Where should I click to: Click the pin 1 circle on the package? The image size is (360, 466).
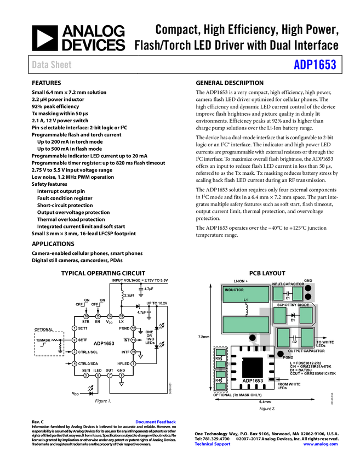75,328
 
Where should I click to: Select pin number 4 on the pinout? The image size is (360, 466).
75,363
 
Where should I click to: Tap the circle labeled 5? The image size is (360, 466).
86,376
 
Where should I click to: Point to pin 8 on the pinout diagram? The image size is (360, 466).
121,376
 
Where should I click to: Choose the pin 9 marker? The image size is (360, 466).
133,363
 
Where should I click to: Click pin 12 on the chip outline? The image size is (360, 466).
133,328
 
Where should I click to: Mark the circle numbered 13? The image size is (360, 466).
121,316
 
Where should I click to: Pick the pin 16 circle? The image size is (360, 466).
86,316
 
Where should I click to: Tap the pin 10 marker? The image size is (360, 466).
133,351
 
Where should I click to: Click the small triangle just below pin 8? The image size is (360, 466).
122,384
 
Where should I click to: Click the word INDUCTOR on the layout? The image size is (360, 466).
234,289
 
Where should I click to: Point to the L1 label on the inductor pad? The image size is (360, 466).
246,299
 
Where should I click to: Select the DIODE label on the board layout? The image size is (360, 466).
304,305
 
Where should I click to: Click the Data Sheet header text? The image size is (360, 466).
52,65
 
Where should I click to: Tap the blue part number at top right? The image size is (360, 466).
315,65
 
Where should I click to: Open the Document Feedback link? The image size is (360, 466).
156,422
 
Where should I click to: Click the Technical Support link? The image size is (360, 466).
213,444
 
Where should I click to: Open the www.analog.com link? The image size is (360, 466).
321,444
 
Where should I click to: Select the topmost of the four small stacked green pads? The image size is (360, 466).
221,353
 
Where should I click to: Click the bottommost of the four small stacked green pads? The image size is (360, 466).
221,387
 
